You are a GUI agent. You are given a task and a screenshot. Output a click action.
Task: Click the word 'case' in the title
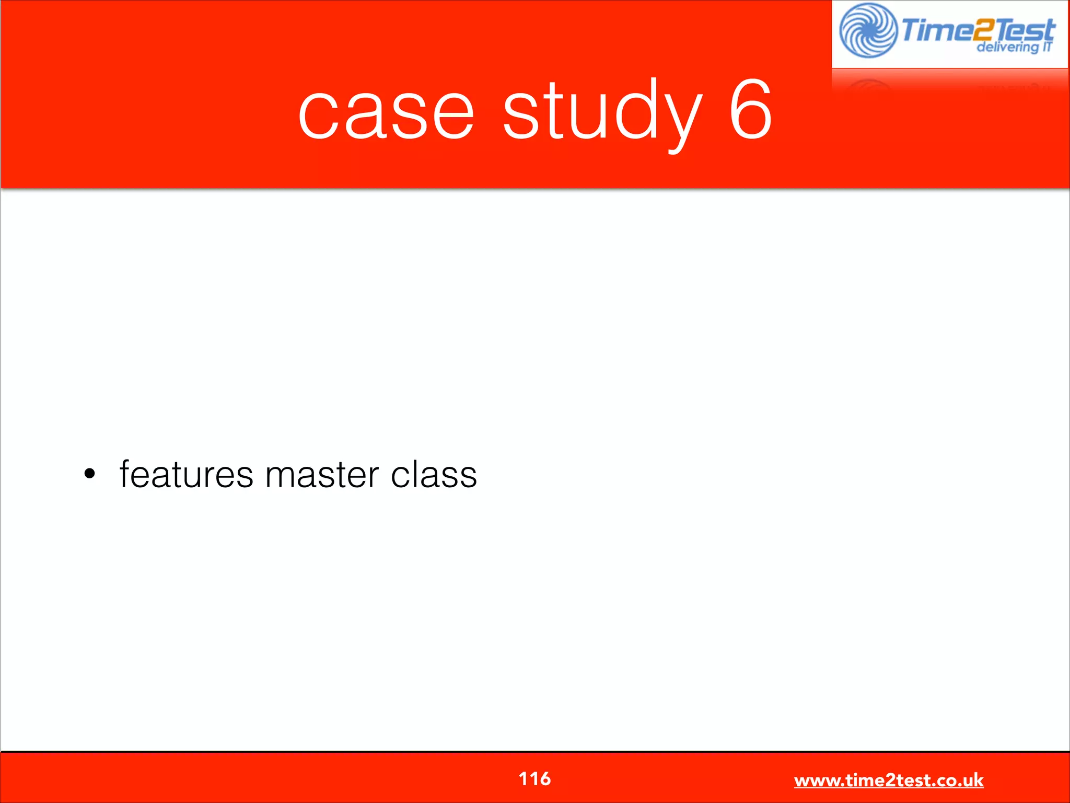coord(386,112)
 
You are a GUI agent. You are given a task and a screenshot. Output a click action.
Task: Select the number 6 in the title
coord(750,110)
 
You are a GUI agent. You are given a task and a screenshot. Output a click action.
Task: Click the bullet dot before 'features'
coord(90,474)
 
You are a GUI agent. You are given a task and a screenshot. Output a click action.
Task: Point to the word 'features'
coord(187,475)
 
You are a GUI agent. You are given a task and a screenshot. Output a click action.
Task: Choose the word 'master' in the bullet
coord(322,475)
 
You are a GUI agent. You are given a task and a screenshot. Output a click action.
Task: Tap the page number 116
coord(534,778)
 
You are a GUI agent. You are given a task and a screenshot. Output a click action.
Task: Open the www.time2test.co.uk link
coord(889,780)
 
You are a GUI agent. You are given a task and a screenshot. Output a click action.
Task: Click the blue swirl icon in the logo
coord(868,30)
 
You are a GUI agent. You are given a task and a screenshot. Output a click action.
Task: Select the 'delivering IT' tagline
coord(1014,47)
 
